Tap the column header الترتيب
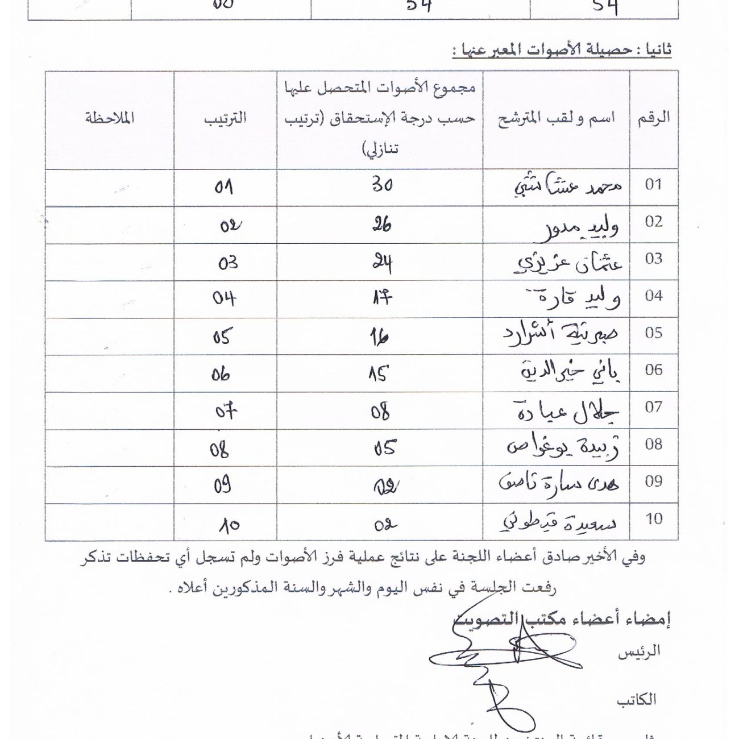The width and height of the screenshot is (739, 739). [x=225, y=118]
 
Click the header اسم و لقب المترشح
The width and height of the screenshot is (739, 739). [x=556, y=119]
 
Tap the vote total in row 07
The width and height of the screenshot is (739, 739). [x=380, y=412]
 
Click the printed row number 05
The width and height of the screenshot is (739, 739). [x=654, y=333]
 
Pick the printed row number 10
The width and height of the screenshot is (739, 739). [x=654, y=518]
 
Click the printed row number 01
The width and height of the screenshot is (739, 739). [x=654, y=184]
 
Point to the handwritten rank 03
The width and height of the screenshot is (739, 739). [x=227, y=263]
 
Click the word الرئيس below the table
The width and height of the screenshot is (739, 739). [x=639, y=652]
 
